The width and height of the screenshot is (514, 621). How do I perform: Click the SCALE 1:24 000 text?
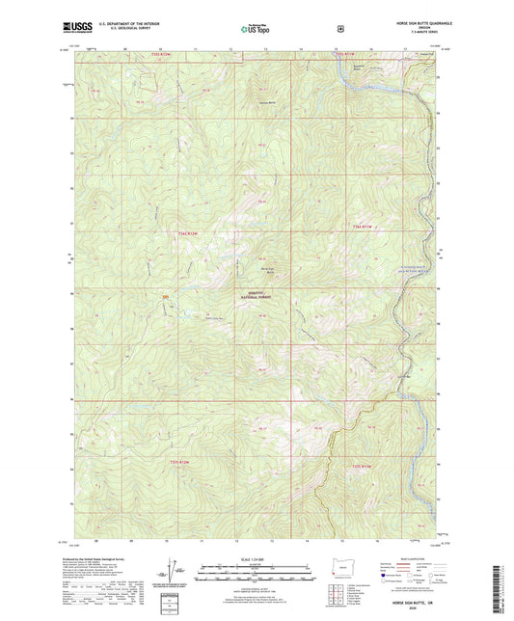pyautogui.click(x=255, y=560)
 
